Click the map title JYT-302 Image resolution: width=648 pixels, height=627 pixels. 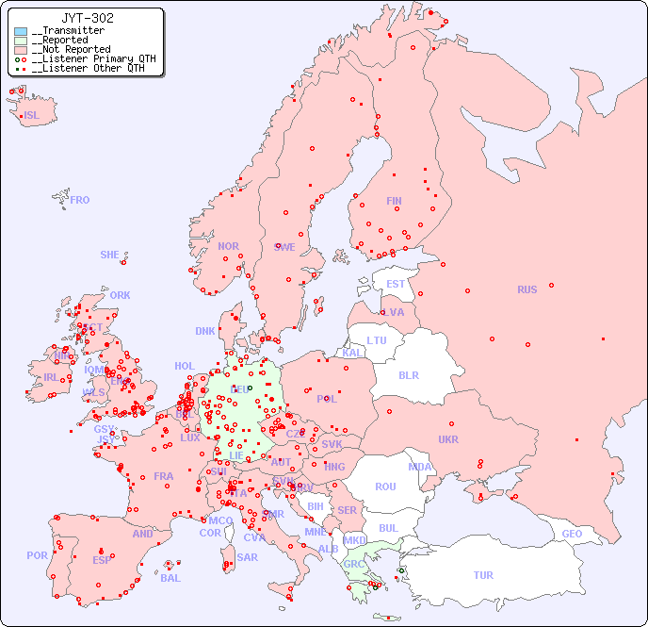88,17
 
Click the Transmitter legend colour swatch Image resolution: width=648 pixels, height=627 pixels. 21,31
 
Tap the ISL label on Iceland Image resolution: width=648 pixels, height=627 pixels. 32,116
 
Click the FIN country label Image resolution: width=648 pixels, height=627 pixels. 394,201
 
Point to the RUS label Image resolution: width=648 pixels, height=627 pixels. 526,289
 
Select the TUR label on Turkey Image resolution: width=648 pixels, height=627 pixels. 483,575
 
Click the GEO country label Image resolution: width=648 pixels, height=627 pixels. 572,534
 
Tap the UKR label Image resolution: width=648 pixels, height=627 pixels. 448,439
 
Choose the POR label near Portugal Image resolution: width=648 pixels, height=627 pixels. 37,555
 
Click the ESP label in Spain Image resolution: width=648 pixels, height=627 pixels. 102,559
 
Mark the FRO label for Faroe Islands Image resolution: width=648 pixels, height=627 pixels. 80,200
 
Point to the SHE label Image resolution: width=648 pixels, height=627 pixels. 110,255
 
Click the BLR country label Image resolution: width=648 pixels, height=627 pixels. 409,374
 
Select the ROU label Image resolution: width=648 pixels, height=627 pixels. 385,487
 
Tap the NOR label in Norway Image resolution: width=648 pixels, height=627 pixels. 228,246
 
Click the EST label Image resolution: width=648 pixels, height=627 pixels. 396,284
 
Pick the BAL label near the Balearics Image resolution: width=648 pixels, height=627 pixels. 170,578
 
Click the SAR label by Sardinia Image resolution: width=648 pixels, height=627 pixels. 247,557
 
